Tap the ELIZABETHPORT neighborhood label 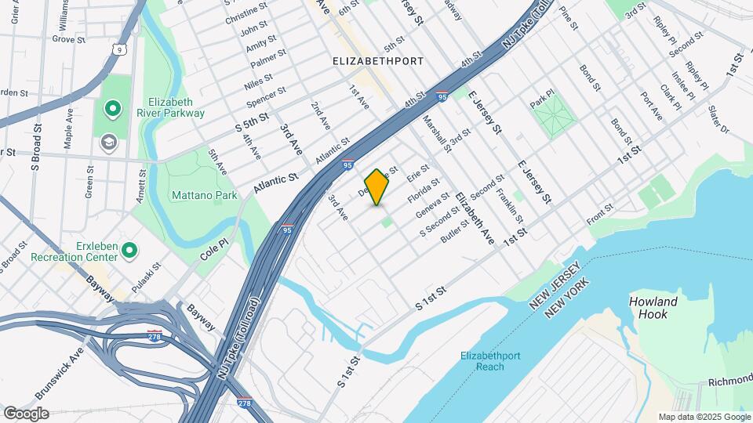378,60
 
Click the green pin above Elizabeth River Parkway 112,108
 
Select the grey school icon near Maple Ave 107,142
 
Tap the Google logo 26,413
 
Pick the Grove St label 68,38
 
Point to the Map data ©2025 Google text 704,417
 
